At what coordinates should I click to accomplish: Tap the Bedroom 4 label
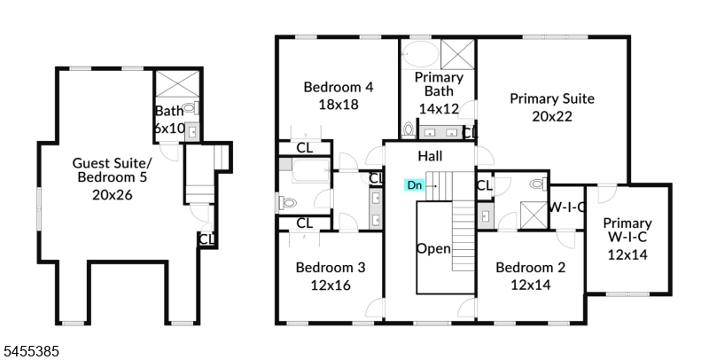(x=339, y=87)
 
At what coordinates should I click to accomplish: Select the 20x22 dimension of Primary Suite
(x=551, y=116)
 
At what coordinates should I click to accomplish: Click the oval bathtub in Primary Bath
(x=420, y=54)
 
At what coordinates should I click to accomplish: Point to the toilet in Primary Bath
(x=409, y=130)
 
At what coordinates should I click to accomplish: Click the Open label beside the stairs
(x=433, y=249)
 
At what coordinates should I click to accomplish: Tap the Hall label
(x=430, y=156)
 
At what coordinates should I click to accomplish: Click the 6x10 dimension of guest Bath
(x=169, y=128)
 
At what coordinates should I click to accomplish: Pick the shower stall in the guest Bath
(x=177, y=83)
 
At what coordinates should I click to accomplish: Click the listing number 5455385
(x=31, y=351)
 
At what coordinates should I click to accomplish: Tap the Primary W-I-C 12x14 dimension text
(x=627, y=254)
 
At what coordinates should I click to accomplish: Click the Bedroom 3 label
(x=330, y=267)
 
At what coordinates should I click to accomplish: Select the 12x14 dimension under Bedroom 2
(x=530, y=285)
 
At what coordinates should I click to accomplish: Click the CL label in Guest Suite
(x=206, y=239)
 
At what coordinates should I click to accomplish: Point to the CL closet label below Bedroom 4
(x=304, y=148)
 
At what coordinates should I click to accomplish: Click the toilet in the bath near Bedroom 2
(x=538, y=184)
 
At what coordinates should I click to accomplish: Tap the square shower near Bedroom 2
(x=534, y=215)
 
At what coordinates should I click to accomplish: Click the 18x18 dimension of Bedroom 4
(x=339, y=105)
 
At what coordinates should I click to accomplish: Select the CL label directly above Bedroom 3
(x=304, y=223)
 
